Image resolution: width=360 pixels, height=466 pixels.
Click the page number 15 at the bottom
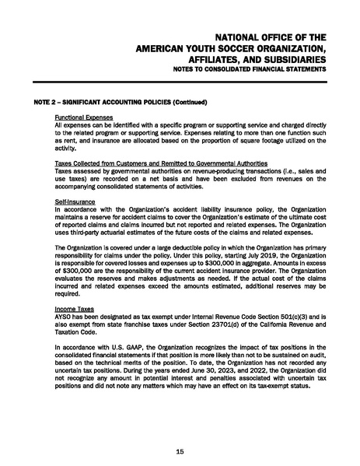click(180, 451)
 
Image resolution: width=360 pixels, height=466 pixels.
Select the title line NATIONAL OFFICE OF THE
click(270, 37)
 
